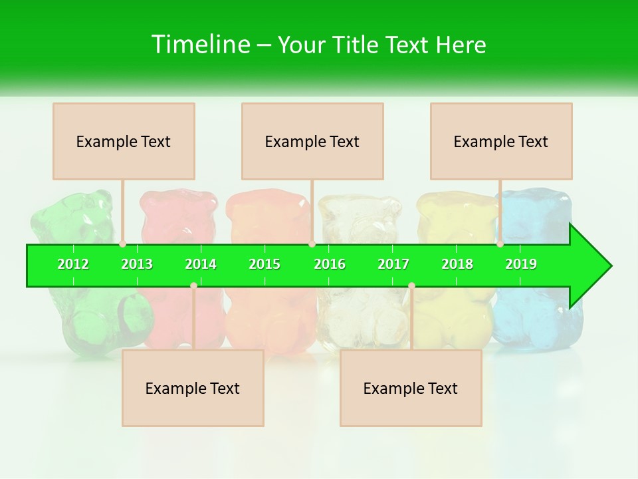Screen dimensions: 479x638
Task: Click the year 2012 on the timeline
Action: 73,264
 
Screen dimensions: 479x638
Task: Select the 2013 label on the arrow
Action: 137,264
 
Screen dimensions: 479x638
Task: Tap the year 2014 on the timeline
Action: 201,264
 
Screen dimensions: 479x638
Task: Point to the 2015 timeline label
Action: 265,264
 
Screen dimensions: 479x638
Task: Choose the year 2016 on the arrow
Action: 330,264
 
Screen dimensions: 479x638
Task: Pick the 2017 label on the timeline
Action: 393,264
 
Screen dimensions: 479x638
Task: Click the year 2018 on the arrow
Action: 457,264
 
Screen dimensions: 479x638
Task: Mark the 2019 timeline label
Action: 521,264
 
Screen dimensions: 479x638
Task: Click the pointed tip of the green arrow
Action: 609,265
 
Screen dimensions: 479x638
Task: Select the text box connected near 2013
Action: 124,141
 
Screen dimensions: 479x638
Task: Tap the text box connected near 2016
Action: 312,141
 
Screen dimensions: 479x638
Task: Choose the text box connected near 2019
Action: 501,141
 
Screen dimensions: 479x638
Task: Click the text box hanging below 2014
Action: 193,388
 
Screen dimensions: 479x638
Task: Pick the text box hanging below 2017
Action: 411,388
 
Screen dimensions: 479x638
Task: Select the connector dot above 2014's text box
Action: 193,285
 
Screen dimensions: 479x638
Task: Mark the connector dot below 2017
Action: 411,285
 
